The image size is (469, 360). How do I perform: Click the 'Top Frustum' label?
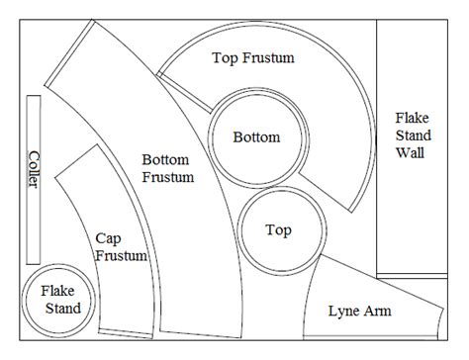tap(253, 58)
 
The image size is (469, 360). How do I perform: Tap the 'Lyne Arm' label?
tap(359, 312)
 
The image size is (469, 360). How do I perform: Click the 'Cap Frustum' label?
tap(122, 247)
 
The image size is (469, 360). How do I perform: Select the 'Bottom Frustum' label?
tap(167, 168)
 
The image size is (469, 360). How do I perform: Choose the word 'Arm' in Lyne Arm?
tap(377, 312)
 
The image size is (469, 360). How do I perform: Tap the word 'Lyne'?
tap(343, 312)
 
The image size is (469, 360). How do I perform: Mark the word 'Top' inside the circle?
tap(280, 230)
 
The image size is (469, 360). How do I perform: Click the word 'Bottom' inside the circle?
tap(256, 137)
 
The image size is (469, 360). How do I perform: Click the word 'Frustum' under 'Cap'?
tap(122, 256)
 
